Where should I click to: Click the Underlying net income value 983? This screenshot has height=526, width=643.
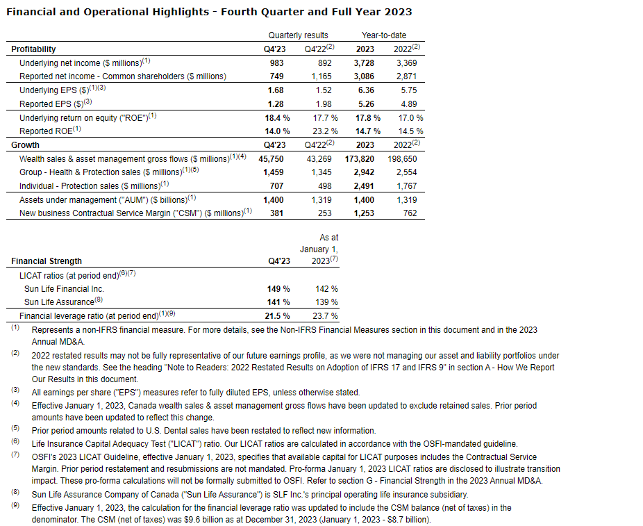(277, 63)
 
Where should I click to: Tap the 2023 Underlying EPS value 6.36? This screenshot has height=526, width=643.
(365, 90)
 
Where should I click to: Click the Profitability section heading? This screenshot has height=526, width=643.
(33, 49)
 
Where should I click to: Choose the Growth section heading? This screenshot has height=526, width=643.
(25, 145)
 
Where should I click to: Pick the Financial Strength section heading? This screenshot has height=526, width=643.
(47, 261)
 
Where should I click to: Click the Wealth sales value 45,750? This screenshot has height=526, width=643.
(272, 159)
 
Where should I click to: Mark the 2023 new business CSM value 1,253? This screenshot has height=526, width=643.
(362, 213)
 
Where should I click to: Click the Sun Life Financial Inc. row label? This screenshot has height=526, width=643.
(64, 289)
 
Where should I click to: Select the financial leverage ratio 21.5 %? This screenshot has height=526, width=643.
(276, 316)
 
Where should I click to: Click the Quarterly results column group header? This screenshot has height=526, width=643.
(299, 35)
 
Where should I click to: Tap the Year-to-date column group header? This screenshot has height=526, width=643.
(384, 35)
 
